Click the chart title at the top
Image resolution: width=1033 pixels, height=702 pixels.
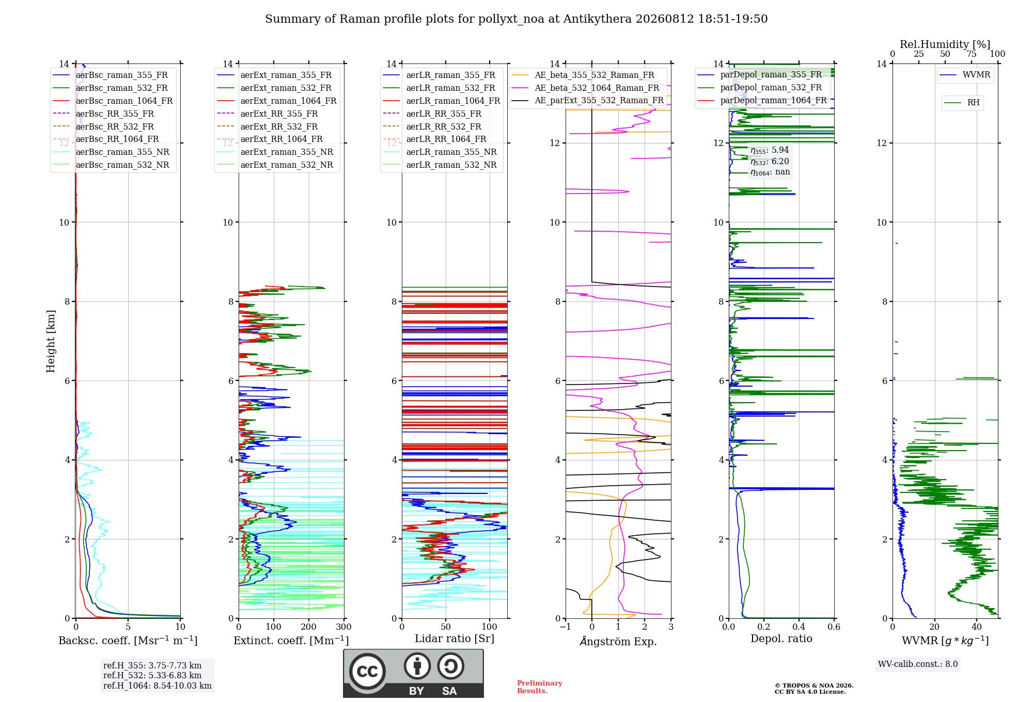[x=516, y=19]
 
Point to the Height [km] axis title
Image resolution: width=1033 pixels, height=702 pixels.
[x=51, y=341]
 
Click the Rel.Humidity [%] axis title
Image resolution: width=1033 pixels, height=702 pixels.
[x=945, y=44]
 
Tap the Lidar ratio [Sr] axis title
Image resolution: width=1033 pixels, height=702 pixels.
[x=455, y=639]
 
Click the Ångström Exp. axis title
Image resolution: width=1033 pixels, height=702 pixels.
[x=618, y=641]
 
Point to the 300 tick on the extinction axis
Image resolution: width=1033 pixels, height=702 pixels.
[x=343, y=627]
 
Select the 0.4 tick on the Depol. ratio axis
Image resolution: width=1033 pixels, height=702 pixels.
[x=799, y=627]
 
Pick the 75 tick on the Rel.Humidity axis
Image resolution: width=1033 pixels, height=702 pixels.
[x=972, y=54]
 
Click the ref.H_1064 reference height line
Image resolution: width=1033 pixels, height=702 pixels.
[x=158, y=685]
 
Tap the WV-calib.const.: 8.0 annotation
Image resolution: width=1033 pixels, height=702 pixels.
[x=918, y=664]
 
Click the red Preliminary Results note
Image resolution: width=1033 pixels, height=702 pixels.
[x=540, y=687]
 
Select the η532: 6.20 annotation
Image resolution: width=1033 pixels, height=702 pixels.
[x=770, y=161]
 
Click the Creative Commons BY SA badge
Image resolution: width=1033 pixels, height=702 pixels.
[x=413, y=674]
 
